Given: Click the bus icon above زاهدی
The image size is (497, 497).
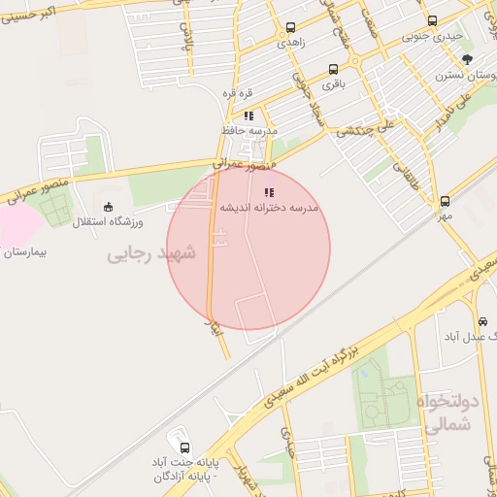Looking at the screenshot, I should pyautogui.click(x=289, y=27).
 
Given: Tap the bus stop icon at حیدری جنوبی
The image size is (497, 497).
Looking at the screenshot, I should pyautogui.click(x=432, y=21).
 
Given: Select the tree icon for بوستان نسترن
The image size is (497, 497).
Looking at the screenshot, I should pyautogui.click(x=467, y=59).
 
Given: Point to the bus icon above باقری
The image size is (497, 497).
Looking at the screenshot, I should pyautogui.click(x=333, y=70).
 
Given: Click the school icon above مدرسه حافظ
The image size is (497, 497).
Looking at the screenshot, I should pyautogui.click(x=248, y=116).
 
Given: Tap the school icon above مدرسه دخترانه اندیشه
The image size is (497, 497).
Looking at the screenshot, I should pyautogui.click(x=268, y=193).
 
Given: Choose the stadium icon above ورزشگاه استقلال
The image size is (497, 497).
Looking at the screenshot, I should pyautogui.click(x=108, y=207).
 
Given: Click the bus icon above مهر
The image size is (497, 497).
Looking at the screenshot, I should pyautogui.click(x=445, y=201).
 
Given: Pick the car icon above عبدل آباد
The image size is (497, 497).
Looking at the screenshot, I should pyautogui.click(x=482, y=321).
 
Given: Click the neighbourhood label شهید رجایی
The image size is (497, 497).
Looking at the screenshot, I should pyautogui.click(x=150, y=253).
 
